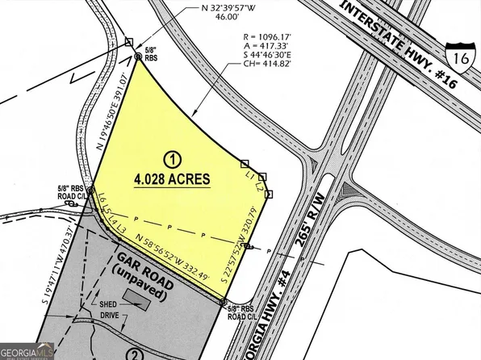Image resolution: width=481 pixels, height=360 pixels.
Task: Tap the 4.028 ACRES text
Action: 173,178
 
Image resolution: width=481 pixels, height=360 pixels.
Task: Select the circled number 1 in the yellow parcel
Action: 171,158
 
